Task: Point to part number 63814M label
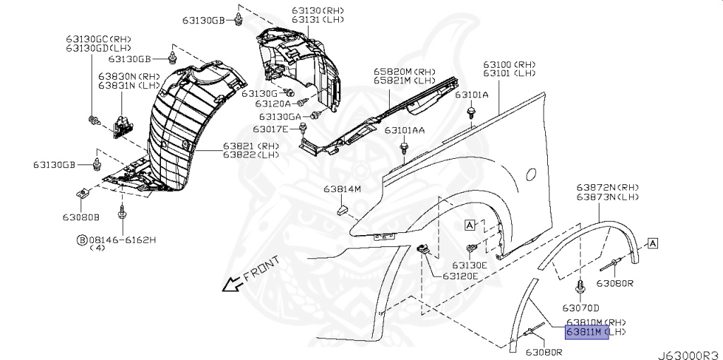(342, 189)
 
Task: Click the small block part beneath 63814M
(342, 208)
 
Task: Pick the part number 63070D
(580, 308)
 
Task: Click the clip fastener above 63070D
(580, 286)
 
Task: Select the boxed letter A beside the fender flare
(653, 243)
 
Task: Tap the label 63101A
(471, 95)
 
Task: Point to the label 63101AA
(405, 131)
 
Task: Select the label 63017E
(272, 129)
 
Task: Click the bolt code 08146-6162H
(121, 240)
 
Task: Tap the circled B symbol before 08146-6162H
(82, 240)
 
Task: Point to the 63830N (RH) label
(129, 76)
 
